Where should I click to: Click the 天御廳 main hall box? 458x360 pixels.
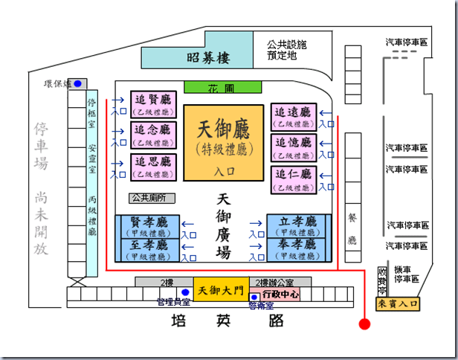225,141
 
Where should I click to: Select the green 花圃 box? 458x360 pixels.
224,87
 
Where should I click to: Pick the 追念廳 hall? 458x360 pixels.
152,135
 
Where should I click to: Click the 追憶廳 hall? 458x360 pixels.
293,147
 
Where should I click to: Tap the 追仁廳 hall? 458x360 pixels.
293,181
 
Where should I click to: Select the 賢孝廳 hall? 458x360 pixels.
147,226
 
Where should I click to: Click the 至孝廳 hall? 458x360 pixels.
147,250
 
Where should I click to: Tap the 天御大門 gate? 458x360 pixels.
219,289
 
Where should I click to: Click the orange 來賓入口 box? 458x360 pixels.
398,303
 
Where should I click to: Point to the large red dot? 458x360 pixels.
364,324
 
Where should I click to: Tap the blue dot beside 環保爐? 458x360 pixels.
78,83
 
